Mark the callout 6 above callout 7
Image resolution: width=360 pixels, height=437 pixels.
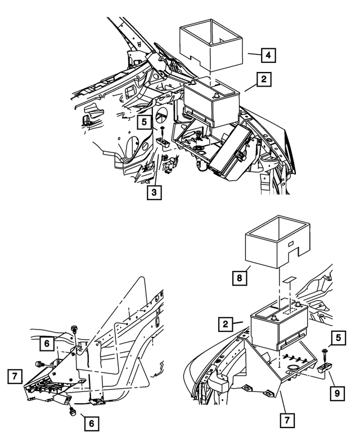click(47, 342)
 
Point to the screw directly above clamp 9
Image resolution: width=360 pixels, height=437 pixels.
click(326, 353)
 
